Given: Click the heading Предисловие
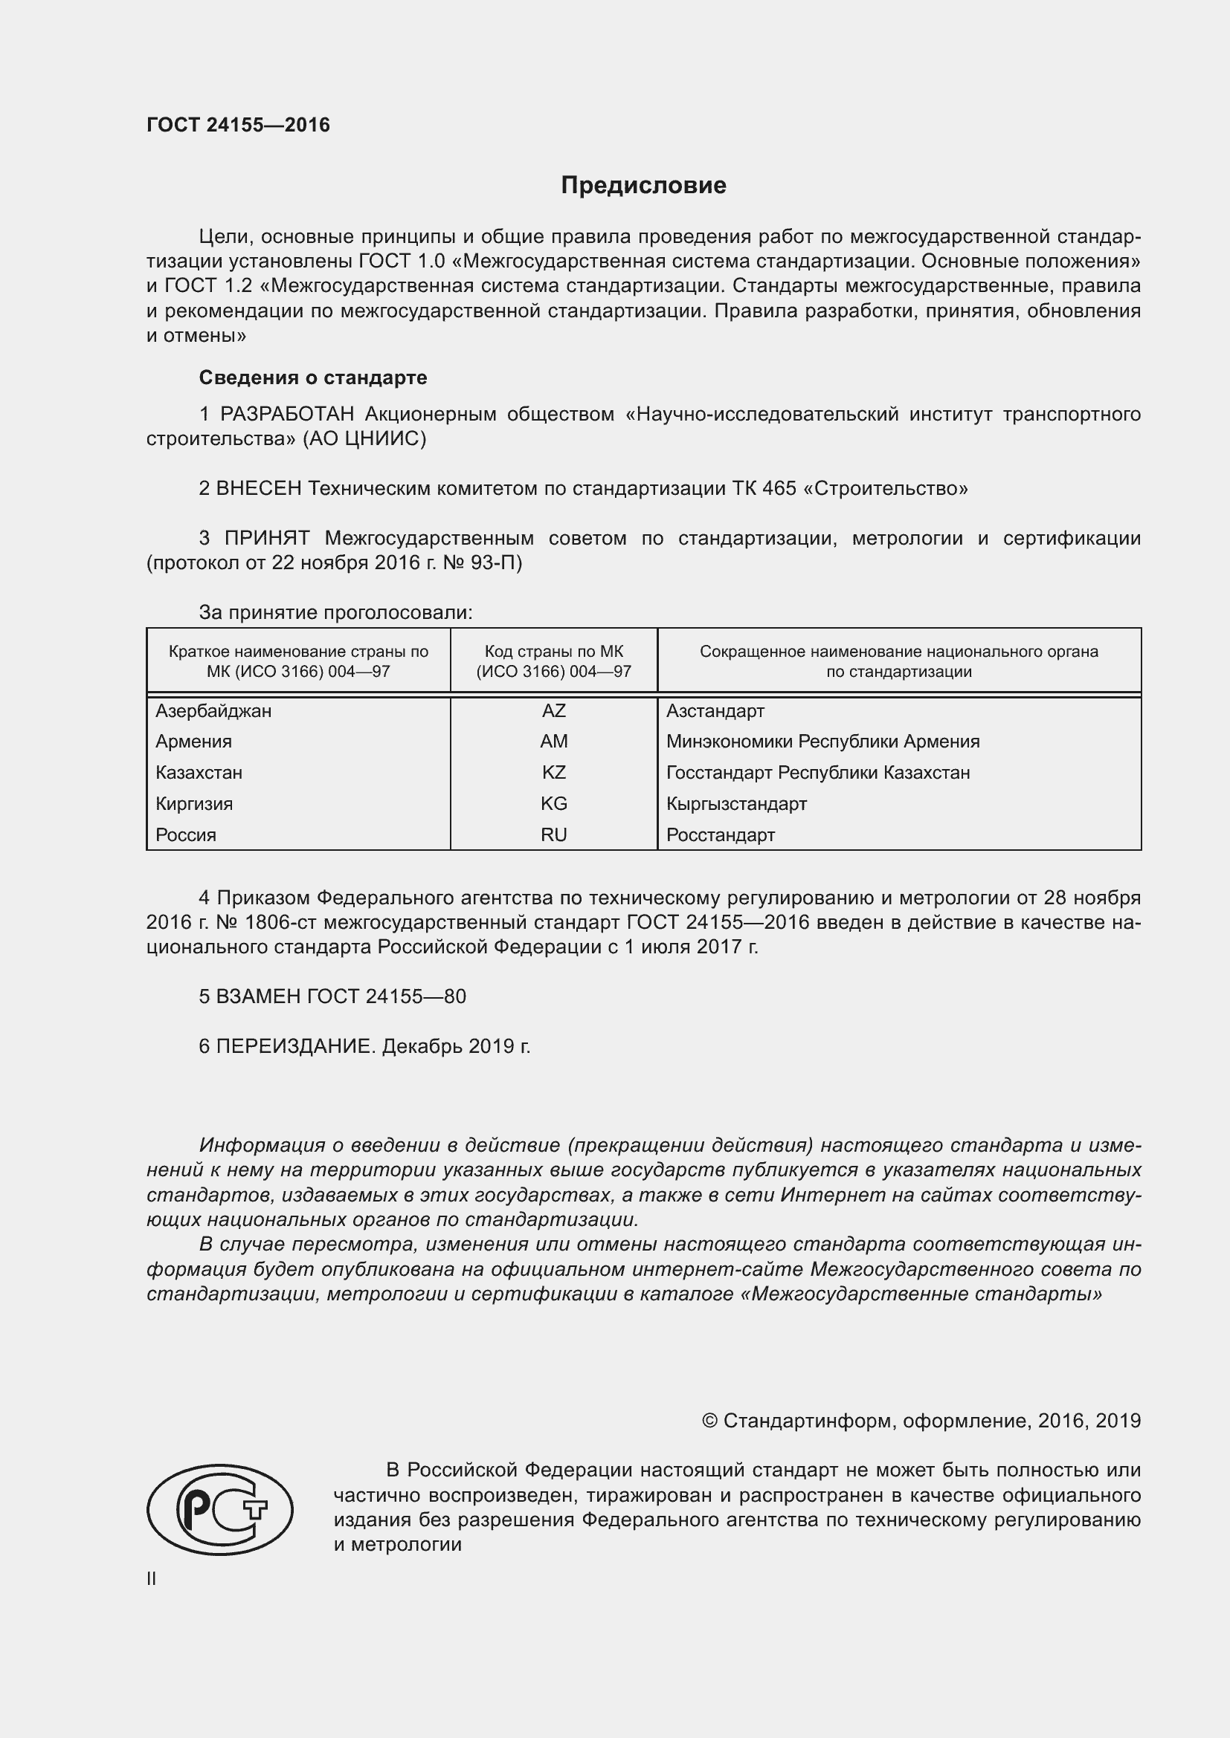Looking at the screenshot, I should [x=643, y=186].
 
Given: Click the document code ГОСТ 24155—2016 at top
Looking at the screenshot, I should [x=238, y=125].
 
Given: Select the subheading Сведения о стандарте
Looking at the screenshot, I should [x=313, y=377].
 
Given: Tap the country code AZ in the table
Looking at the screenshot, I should [x=554, y=711].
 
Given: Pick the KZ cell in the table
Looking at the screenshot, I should [x=554, y=773].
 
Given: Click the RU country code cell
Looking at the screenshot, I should [x=554, y=835].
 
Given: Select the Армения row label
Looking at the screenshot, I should [x=194, y=742].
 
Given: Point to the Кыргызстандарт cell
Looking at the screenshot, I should [x=736, y=804].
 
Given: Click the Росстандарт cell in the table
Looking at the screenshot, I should [x=721, y=835].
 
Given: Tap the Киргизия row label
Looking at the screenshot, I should [x=194, y=804].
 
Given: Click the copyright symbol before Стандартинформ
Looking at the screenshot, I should [x=709, y=1421].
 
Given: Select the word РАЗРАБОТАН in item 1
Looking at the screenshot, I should [x=287, y=414].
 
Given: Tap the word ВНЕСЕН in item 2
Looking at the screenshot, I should [x=259, y=488].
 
